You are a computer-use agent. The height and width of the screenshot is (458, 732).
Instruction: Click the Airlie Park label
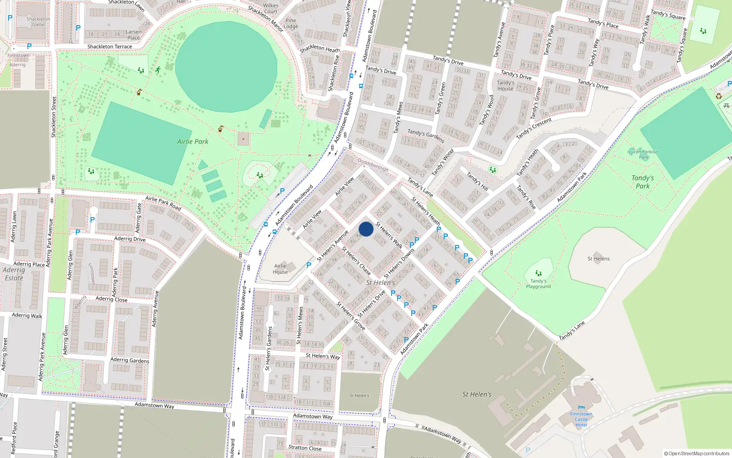(193, 142)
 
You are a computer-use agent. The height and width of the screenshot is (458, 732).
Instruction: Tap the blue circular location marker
(366, 229)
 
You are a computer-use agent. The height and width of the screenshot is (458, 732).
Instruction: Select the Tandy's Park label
(642, 182)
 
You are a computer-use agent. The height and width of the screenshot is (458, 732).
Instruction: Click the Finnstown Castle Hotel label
(581, 419)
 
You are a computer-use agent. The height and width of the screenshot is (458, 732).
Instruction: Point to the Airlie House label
(280, 269)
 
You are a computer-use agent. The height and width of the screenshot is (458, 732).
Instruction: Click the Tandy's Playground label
(538, 284)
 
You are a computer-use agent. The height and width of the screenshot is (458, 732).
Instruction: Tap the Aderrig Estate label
(14, 274)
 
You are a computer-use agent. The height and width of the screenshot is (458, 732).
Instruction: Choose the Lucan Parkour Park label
(643, 154)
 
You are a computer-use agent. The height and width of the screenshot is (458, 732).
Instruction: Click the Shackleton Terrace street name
(109, 47)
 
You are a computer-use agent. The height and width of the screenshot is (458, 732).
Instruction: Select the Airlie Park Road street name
(163, 203)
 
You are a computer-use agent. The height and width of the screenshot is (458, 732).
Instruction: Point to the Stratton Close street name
(305, 448)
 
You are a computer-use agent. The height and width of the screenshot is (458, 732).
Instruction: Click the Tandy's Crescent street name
(534, 128)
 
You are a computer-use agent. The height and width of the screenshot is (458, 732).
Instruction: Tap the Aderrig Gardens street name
(129, 360)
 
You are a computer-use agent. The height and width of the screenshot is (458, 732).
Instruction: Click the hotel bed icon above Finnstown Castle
(581, 407)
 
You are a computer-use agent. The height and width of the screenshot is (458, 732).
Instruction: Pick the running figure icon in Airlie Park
(158, 70)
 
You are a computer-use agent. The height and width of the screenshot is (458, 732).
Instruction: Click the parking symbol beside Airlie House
(309, 265)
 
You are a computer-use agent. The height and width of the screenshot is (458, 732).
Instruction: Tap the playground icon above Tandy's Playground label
(538, 273)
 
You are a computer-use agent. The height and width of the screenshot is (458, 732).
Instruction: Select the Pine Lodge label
(291, 23)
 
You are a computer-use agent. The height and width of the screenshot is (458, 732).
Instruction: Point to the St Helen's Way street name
(323, 356)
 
